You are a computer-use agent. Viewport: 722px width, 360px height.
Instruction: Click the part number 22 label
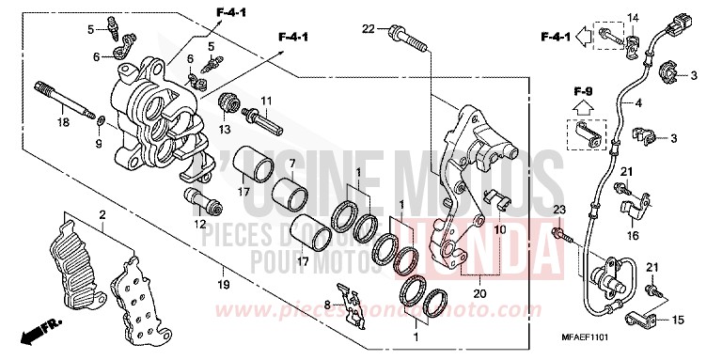[369, 30]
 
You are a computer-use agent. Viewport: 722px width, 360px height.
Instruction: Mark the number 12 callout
[199, 224]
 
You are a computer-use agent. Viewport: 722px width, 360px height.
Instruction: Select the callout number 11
[266, 101]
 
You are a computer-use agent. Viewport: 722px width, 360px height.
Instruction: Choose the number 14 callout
[633, 18]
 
